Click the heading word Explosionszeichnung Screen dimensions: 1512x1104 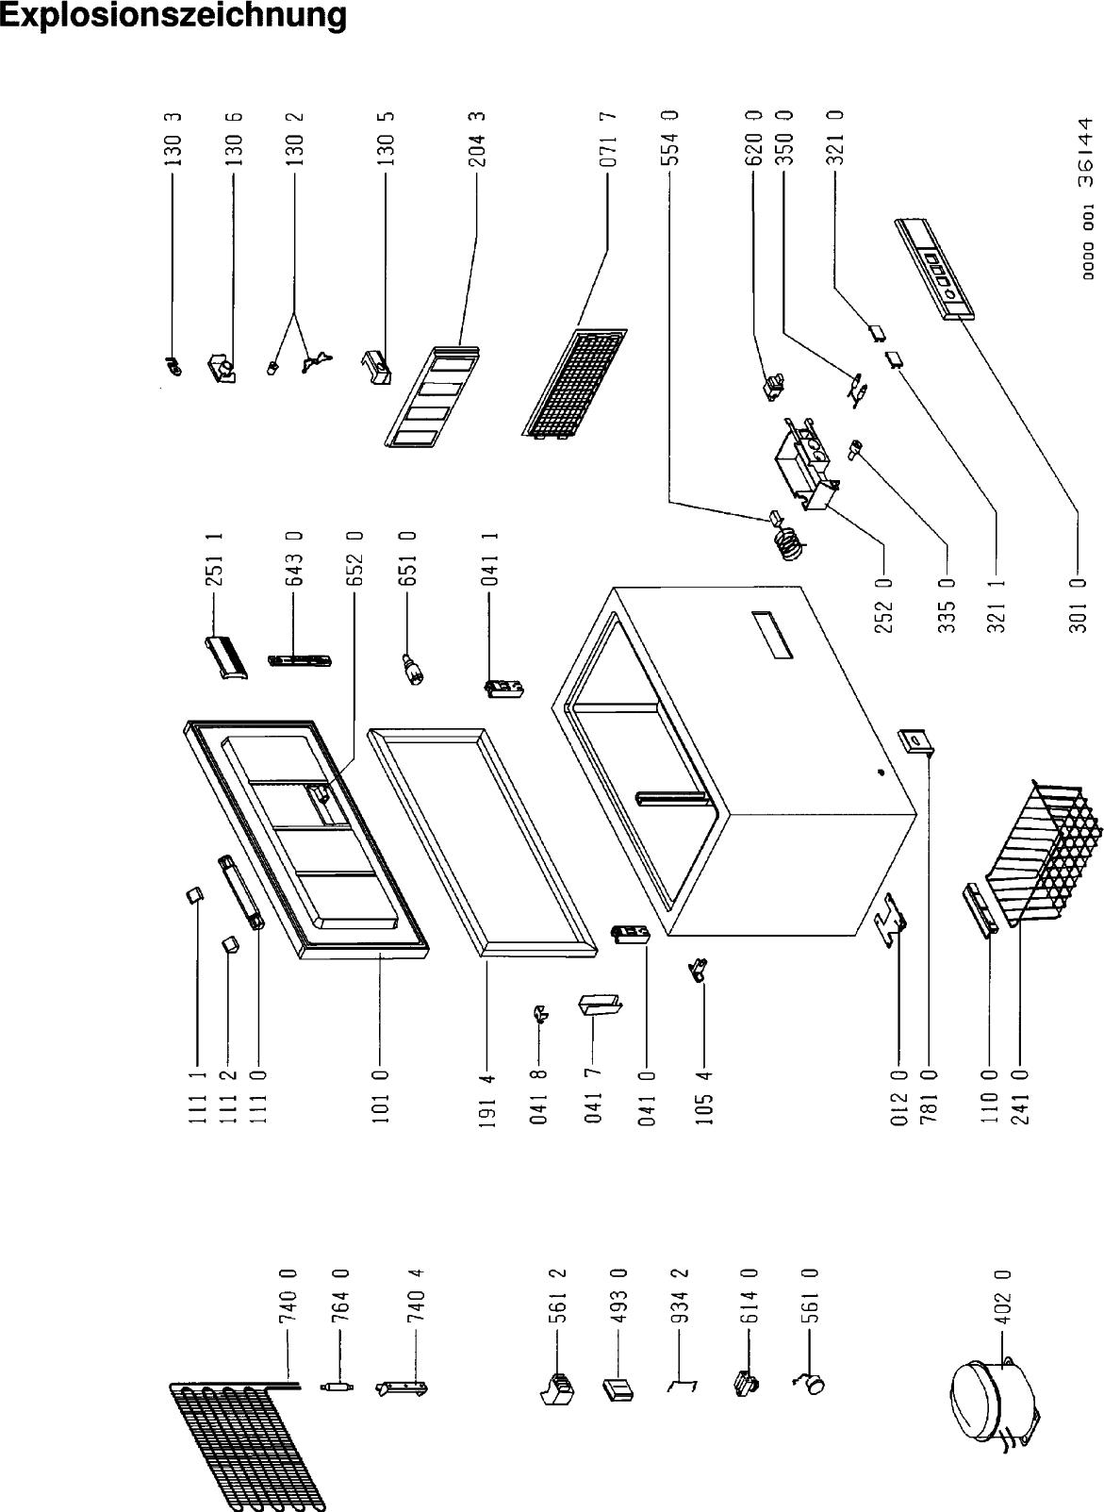[173, 16]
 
